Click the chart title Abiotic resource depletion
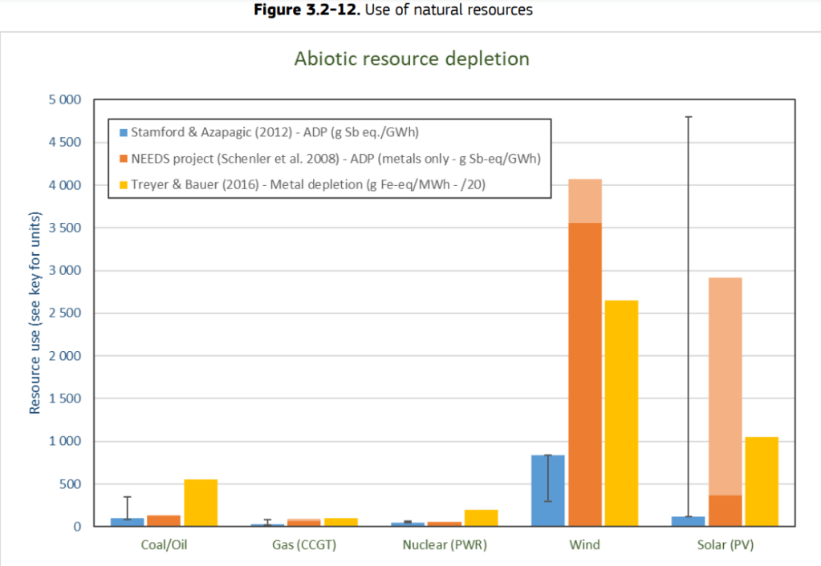tap(412, 59)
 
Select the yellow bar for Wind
tap(621, 413)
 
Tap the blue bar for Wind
tap(548, 491)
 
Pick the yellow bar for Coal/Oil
tap(201, 503)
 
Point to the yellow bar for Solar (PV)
tap(762, 481)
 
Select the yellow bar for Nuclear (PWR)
tap(481, 518)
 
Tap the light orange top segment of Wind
tap(585, 200)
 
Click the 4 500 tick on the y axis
tap(64, 143)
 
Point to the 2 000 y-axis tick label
tap(64, 356)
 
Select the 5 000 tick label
tap(64, 100)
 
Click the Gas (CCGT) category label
tap(304, 545)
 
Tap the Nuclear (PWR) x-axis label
tap(445, 545)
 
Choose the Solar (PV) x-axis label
tap(725, 545)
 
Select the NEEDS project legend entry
tap(329, 159)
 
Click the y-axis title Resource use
tap(35, 313)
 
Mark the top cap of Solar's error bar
tap(689, 117)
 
